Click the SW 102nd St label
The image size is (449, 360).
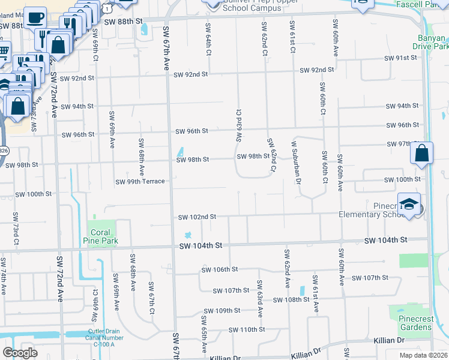point(196,217)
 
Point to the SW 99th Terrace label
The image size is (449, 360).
point(140,181)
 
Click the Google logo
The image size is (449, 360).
point(20,353)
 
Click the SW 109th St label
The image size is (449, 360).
point(221,311)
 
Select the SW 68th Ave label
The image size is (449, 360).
point(142,153)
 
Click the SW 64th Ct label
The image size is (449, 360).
point(208,40)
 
